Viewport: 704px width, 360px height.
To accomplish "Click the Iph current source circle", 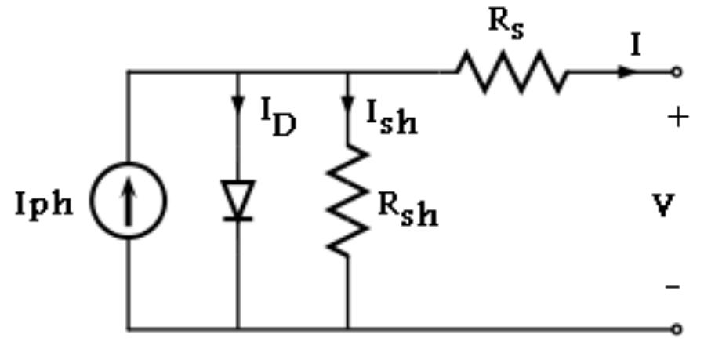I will [x=128, y=201].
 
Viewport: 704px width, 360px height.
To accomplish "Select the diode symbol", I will [x=237, y=201].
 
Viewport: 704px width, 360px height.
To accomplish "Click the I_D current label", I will [x=278, y=118].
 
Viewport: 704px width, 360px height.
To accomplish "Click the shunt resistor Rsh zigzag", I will [x=347, y=200].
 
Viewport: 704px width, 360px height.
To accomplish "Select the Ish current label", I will [x=391, y=118].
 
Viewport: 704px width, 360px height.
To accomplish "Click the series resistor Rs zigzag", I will [x=512, y=71].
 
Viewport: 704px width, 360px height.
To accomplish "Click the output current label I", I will [x=636, y=45].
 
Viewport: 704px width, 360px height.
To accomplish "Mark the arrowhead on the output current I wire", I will [x=626, y=71].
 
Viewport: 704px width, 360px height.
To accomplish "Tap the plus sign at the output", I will [x=677, y=118].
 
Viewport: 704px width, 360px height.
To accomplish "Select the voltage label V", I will [x=663, y=205].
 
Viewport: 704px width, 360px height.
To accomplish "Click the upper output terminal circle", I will [x=677, y=71].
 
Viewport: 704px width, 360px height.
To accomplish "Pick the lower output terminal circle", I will [x=677, y=329].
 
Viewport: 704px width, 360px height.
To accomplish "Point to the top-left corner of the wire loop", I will [x=128, y=71].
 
